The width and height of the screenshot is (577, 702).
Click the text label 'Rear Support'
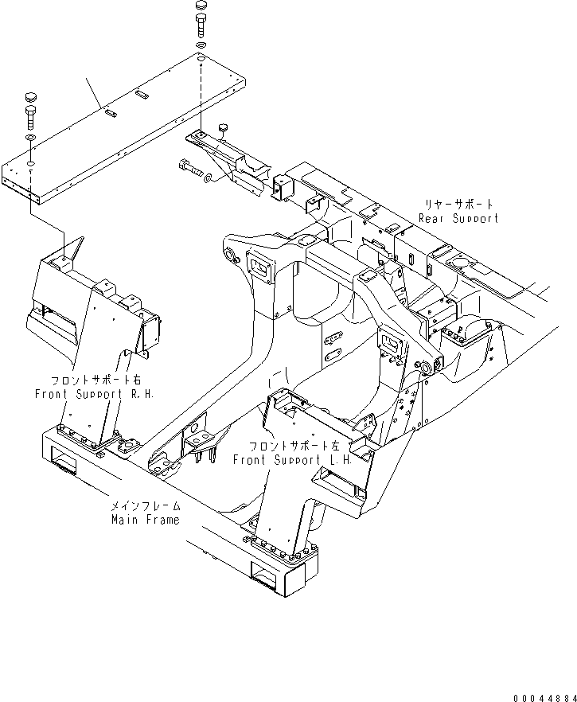tap(458, 218)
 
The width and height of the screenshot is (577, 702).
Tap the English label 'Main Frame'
tap(146, 520)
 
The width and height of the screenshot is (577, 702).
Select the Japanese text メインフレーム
tap(146, 506)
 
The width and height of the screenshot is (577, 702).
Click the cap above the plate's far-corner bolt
tap(200, 9)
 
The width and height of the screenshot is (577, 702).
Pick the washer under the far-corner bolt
tap(200, 47)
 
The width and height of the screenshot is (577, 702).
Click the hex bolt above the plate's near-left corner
tap(30, 120)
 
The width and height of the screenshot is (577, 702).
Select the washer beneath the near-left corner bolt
tap(30, 138)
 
